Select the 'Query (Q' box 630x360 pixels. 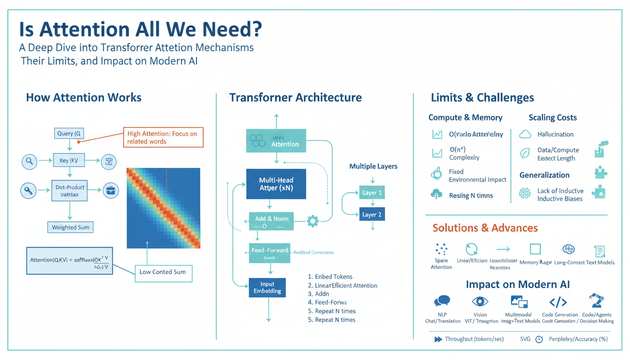click(69, 134)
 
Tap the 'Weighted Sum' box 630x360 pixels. click(70, 227)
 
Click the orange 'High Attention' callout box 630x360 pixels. click(163, 137)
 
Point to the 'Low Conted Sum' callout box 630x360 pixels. click(163, 272)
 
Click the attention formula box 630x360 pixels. click(69, 261)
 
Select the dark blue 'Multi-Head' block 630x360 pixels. click(276, 184)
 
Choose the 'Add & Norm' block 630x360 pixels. click(271, 221)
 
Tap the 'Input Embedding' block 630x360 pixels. click(267, 287)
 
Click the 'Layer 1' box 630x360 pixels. click(372, 193)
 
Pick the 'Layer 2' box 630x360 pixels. click(372, 215)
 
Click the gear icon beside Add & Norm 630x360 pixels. click(313, 221)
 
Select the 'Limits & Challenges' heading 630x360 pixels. click(482, 98)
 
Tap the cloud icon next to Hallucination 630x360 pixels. click(525, 135)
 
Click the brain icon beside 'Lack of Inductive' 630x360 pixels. click(525, 193)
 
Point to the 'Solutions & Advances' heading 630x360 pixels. click(485, 228)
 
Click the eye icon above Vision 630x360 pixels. click(480, 301)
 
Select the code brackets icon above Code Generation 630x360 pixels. click(558, 302)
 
